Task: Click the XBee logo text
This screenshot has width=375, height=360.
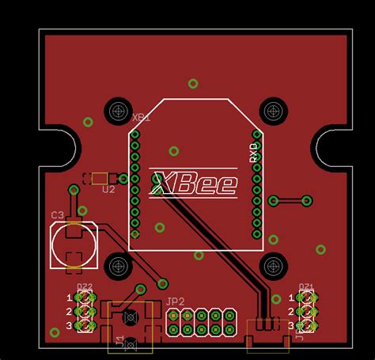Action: tap(195, 184)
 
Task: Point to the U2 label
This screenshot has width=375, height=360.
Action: tap(108, 190)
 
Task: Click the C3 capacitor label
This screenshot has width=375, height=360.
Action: tap(58, 215)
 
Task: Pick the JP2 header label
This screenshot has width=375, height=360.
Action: tap(176, 301)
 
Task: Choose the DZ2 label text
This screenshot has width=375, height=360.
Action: tap(84, 286)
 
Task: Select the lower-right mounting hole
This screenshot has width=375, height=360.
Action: tap(274, 265)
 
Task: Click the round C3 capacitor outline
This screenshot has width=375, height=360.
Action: tap(74, 245)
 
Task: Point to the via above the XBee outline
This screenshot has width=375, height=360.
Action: tap(193, 83)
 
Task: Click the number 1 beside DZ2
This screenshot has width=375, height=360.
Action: tap(69, 297)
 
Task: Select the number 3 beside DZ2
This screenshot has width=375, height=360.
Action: tap(69, 325)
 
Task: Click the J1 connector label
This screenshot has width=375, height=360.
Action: tap(119, 341)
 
